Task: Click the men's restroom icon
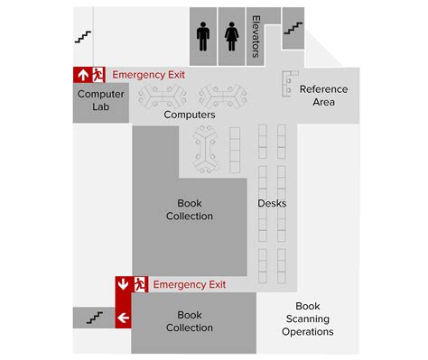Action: click(x=202, y=37)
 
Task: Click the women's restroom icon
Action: click(x=231, y=37)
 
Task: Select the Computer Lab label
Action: click(x=101, y=100)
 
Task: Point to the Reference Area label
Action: click(x=323, y=96)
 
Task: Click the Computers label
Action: click(x=190, y=115)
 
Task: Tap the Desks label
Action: click(x=272, y=203)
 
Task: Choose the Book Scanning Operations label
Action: click(x=308, y=318)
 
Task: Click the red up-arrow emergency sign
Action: click(x=82, y=75)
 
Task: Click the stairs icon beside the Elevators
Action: click(x=292, y=29)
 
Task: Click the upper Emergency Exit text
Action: click(x=149, y=75)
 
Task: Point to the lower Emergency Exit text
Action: click(x=190, y=285)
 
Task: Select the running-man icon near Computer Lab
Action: click(x=99, y=75)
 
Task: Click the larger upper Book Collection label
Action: click(x=190, y=209)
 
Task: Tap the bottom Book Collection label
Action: click(x=190, y=321)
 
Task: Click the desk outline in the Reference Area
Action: click(x=289, y=83)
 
